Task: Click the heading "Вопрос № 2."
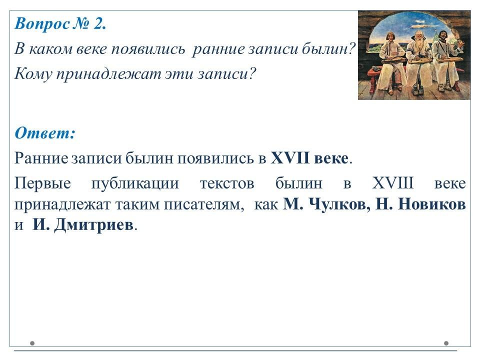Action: [x=60, y=24]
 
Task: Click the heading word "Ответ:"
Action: [x=45, y=133]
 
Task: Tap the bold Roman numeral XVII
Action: [x=290, y=158]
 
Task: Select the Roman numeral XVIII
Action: [x=393, y=183]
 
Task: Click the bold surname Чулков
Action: [x=339, y=204]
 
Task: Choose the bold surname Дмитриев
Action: [x=94, y=225]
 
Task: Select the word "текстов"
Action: [x=227, y=183]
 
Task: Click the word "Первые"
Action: [x=42, y=183]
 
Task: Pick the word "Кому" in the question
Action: [x=33, y=74]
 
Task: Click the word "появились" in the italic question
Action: [x=148, y=49]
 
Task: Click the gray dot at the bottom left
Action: [x=32, y=343]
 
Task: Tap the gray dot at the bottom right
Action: [x=446, y=343]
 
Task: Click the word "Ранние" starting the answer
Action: [x=41, y=158]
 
